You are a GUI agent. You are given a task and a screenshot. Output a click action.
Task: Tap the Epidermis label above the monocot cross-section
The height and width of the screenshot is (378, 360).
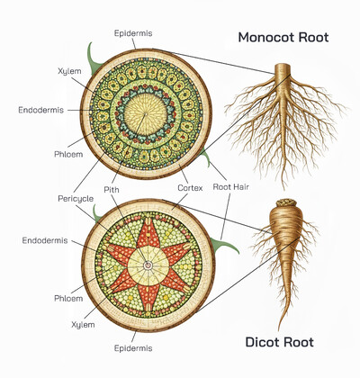[132, 33]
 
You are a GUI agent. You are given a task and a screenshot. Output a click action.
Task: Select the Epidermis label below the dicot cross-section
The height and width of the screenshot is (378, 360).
[132, 346]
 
